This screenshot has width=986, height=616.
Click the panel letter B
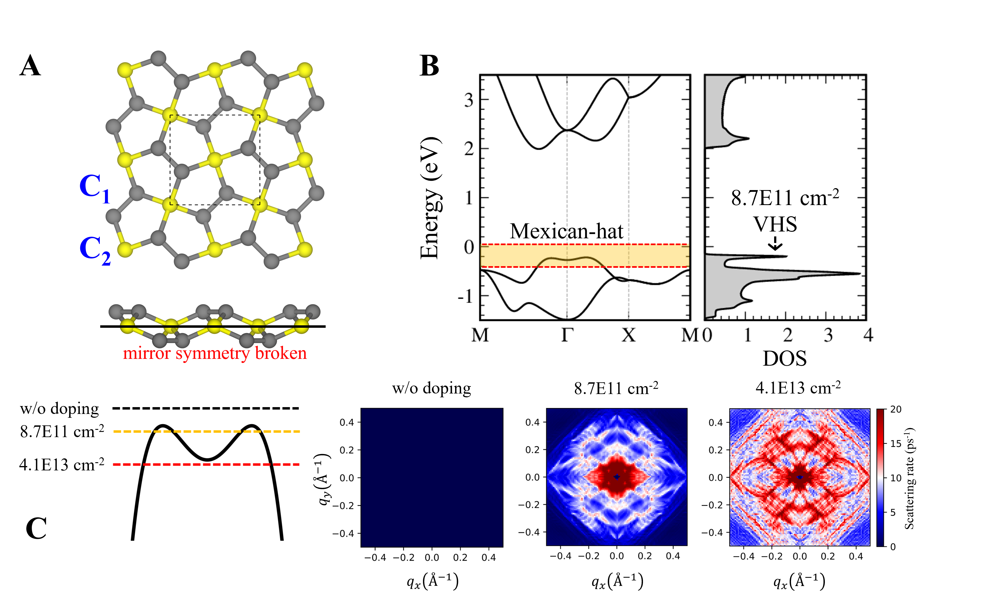point(429,66)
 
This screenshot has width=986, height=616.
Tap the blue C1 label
point(95,188)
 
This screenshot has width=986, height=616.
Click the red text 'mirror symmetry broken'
point(215,353)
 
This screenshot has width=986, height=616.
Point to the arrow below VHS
point(775,243)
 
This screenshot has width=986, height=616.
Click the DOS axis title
point(784,359)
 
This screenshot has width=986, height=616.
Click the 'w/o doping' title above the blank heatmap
point(431,388)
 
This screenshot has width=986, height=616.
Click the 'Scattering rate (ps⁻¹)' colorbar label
point(909,478)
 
